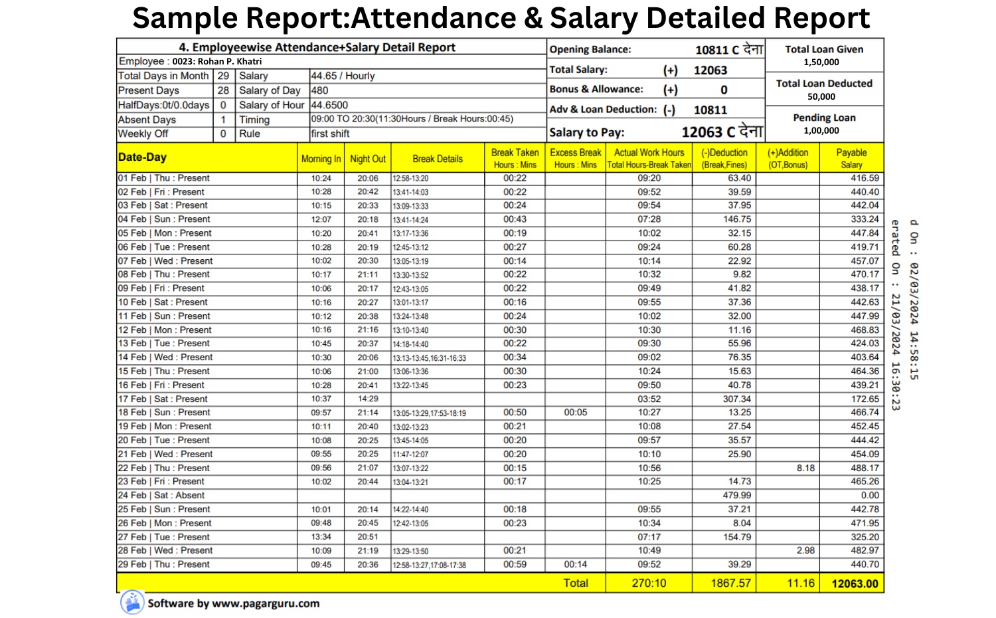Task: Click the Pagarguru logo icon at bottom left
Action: point(132,602)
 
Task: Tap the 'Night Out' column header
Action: point(368,159)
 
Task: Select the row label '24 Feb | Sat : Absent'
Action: point(161,495)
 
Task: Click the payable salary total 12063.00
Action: point(855,583)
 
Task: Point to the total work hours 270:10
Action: point(649,583)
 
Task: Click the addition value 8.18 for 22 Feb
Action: point(805,468)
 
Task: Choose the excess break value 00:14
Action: point(575,564)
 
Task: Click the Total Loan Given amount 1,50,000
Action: point(821,62)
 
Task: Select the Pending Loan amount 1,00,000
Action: point(821,130)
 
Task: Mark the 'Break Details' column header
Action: point(438,159)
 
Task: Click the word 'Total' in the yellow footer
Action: point(576,583)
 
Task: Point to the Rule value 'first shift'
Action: point(330,134)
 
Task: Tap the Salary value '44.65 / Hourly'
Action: point(343,76)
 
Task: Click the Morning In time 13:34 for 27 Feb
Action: point(321,537)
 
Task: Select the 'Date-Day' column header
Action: point(142,157)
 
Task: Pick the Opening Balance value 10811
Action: point(712,50)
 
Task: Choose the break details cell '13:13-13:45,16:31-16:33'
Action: point(429,358)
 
